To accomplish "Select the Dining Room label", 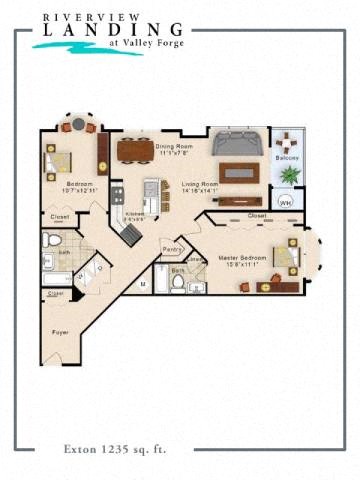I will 173,148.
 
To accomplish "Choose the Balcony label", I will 288,158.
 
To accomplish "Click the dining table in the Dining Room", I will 135,151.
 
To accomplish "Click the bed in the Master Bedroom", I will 284,257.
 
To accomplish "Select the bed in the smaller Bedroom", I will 58,160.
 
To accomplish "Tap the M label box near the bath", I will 143,284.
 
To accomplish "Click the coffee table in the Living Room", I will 238,170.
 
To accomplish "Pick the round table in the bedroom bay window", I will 78,126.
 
